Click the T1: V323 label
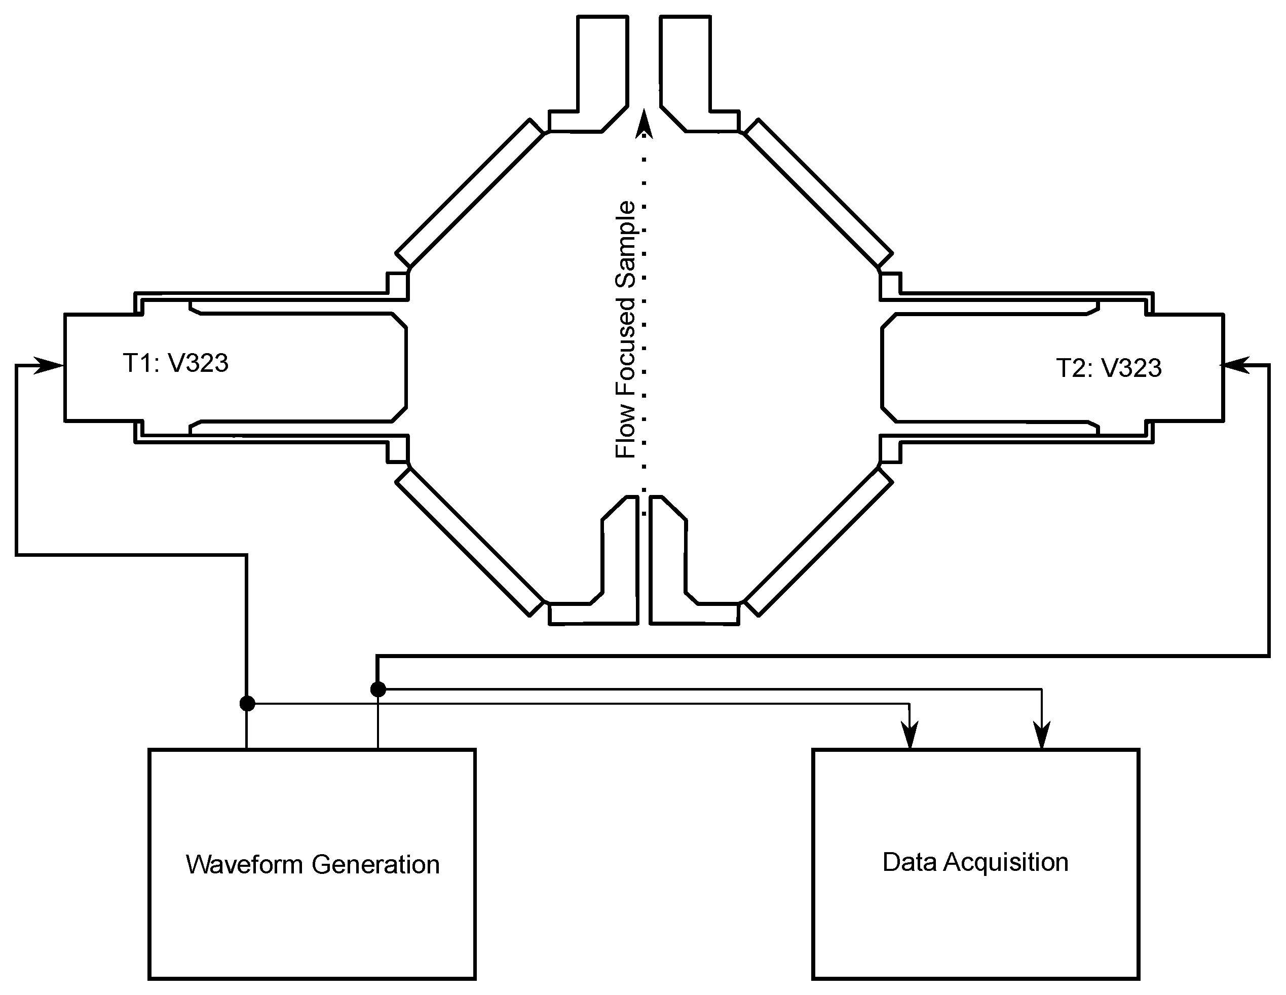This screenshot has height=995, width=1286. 175,363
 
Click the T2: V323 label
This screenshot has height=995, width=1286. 1109,368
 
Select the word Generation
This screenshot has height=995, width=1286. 375,865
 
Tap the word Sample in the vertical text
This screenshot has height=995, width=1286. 625,244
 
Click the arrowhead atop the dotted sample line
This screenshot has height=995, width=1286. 644,125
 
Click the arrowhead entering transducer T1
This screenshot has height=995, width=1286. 51,366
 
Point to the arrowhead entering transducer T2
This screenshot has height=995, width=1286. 1235,366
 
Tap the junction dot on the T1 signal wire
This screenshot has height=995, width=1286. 247,704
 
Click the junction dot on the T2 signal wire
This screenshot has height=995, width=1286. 378,689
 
